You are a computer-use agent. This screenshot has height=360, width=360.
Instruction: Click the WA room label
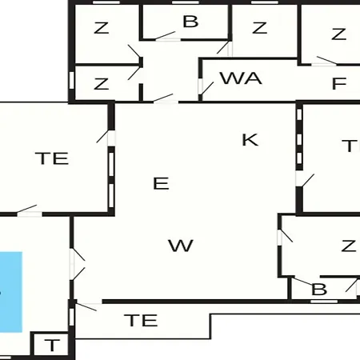(x=241, y=78)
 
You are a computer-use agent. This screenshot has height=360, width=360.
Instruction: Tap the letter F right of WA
(x=339, y=83)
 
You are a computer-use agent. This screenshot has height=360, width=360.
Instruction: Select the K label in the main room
(x=250, y=140)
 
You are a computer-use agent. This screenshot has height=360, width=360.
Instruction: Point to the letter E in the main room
(x=161, y=183)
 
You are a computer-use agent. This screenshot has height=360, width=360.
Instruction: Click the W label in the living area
(x=181, y=246)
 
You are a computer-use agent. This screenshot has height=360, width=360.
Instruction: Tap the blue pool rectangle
(x=11, y=292)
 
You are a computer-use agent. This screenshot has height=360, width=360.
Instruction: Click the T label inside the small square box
(x=52, y=345)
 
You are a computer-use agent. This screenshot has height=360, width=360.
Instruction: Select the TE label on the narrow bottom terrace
(x=141, y=320)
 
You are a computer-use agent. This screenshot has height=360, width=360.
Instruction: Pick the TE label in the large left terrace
(x=52, y=158)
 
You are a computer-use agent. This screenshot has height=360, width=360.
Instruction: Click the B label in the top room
(x=190, y=22)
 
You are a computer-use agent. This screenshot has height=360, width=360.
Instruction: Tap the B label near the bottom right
(x=319, y=290)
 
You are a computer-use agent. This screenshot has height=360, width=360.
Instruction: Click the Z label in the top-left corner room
(x=102, y=28)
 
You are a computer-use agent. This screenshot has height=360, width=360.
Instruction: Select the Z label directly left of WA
(x=102, y=84)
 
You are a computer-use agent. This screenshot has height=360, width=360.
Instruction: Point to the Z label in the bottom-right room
(x=349, y=246)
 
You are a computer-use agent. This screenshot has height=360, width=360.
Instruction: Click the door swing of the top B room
(x=166, y=36)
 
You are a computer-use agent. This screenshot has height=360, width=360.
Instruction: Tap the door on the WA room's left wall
(x=206, y=88)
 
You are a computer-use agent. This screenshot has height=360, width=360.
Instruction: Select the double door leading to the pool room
(x=78, y=264)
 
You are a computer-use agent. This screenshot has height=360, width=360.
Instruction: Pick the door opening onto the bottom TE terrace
(x=86, y=307)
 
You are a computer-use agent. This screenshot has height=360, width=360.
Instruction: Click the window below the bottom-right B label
(x=324, y=302)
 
